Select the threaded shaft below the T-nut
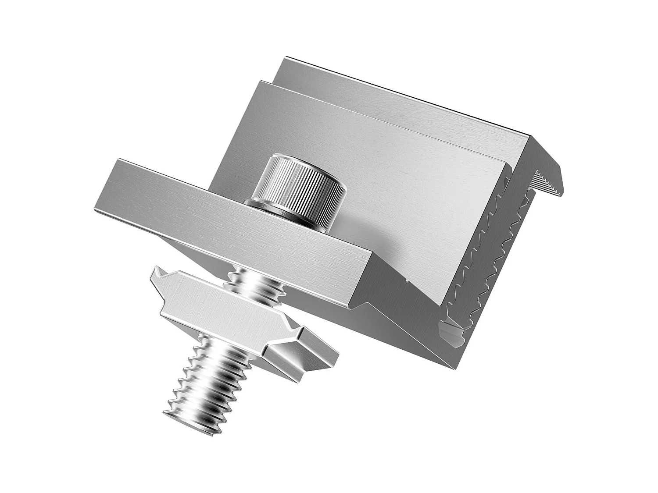click(x=206, y=377)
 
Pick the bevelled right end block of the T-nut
click(x=303, y=357)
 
